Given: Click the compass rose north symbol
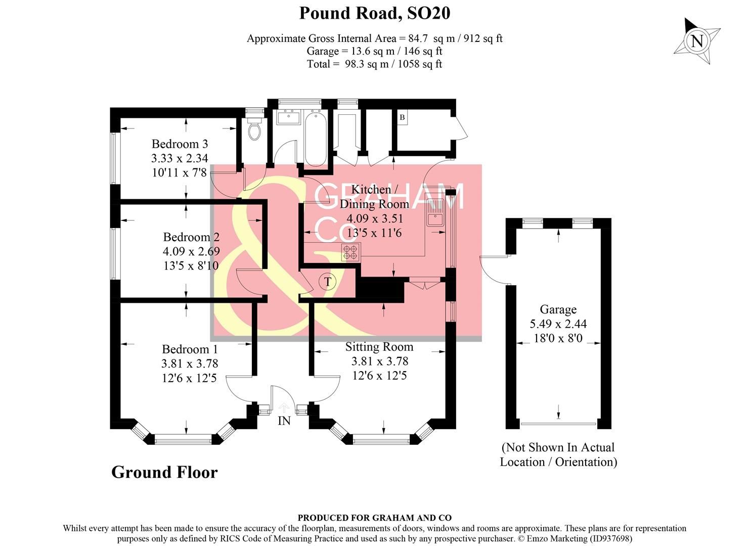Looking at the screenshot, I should (697, 41).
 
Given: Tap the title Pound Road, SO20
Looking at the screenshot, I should (374, 13).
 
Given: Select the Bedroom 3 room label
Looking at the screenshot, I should (180, 144).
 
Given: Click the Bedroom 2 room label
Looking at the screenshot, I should (191, 237).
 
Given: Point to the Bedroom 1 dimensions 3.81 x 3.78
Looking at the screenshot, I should (190, 363).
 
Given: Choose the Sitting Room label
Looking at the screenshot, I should (379, 347).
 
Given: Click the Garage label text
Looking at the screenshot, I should (558, 309).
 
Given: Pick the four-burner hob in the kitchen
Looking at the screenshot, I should (351, 252).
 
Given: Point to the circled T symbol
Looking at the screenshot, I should (328, 282).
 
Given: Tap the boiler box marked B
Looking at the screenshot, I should (402, 118).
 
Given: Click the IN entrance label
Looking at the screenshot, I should (284, 421).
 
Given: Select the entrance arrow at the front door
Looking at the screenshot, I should (284, 407).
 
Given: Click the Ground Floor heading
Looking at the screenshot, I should (164, 472).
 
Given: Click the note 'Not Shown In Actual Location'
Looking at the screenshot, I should (558, 454).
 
